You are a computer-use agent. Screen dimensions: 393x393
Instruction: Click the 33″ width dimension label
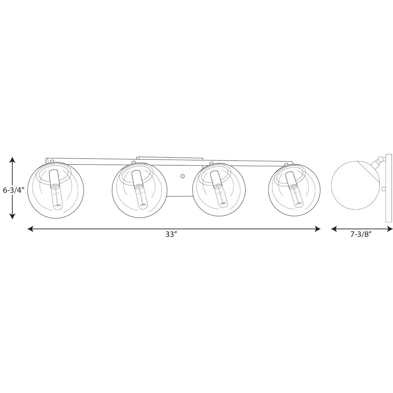[x=171, y=235]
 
